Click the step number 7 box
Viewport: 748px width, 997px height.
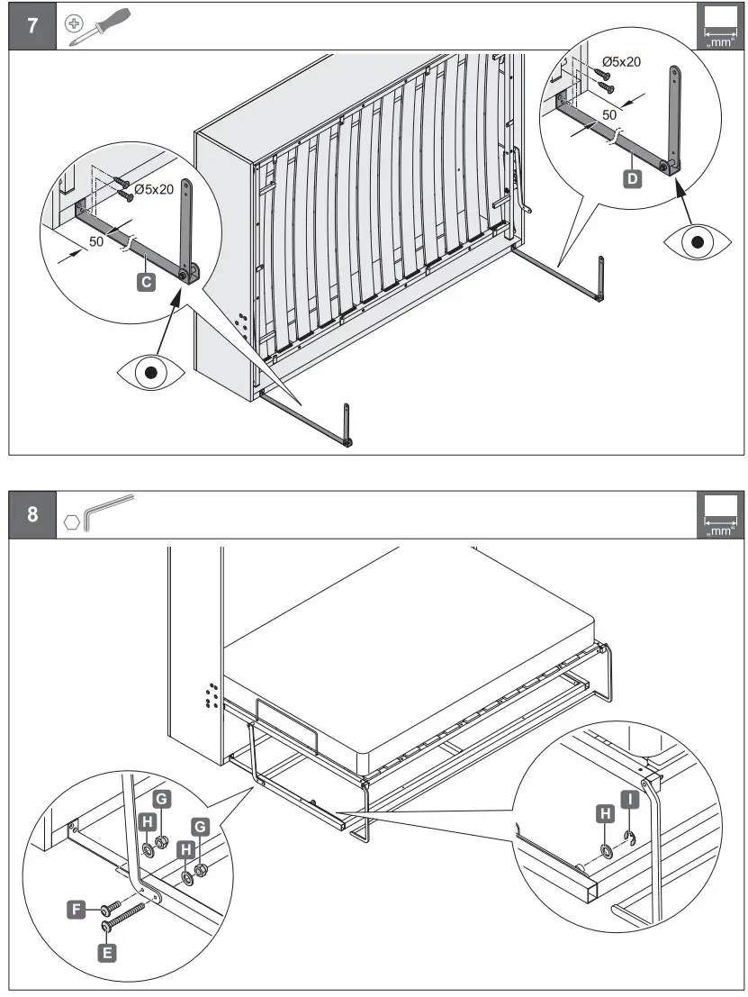click(x=32, y=25)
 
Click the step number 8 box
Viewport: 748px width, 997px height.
click(x=32, y=515)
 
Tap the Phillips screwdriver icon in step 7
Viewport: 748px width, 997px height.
click(x=99, y=25)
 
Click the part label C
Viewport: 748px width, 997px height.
click(x=145, y=283)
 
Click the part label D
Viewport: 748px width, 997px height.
click(x=633, y=179)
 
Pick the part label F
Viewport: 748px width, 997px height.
click(x=78, y=910)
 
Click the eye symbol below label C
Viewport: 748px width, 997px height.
click(x=150, y=371)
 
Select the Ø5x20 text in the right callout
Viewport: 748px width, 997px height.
click(x=621, y=61)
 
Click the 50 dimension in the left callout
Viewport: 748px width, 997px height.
click(x=97, y=242)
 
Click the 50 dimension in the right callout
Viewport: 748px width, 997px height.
click(x=610, y=115)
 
